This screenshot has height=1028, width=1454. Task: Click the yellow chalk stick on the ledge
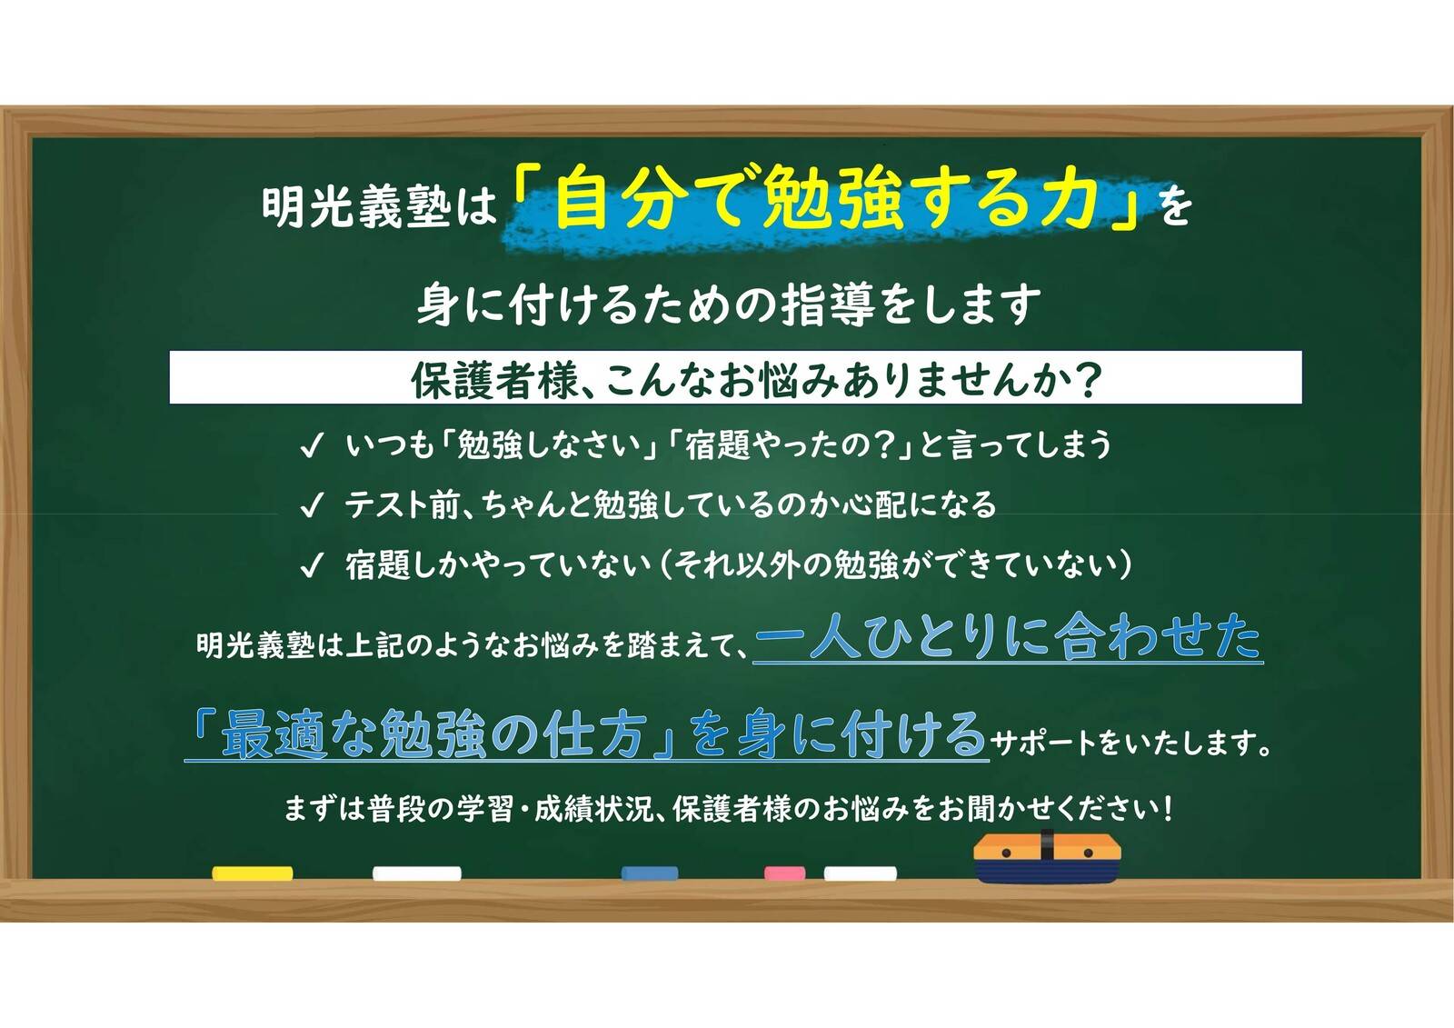click(252, 873)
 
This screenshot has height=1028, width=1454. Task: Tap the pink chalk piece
click(784, 873)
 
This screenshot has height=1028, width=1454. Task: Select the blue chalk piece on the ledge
click(649, 873)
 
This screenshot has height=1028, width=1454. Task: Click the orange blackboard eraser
click(1047, 860)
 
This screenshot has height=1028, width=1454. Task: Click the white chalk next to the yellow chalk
click(416, 873)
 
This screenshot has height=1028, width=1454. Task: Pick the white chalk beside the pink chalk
click(860, 873)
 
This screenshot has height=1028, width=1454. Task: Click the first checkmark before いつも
click(311, 446)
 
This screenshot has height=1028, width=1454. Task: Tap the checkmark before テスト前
click(311, 505)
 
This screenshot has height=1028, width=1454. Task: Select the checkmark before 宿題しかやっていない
click(311, 566)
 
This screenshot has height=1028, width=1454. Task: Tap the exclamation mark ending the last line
click(1167, 807)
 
